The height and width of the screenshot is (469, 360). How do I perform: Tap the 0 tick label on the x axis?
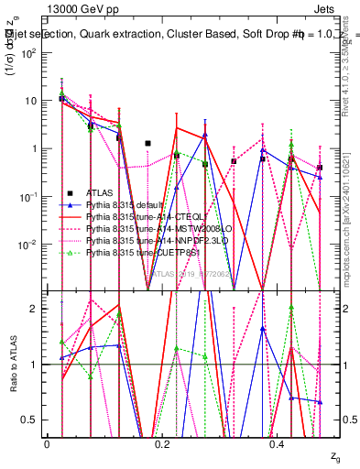click(48, 443)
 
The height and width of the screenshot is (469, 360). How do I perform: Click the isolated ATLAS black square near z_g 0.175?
click(147, 143)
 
